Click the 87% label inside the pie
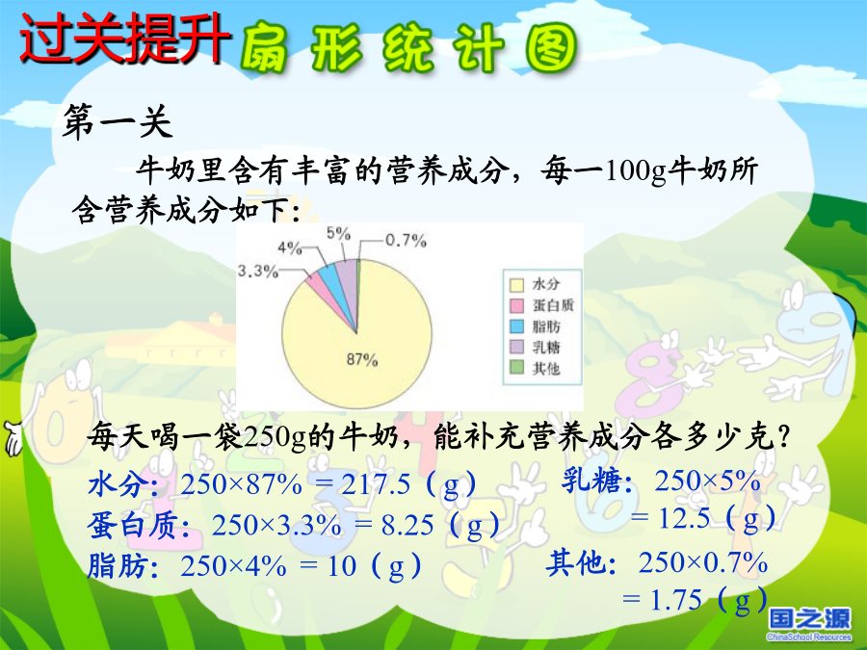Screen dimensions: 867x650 (x=362, y=360)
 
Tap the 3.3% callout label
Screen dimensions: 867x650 (x=257, y=271)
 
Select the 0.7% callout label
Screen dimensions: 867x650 (x=406, y=241)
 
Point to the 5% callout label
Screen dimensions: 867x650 (x=338, y=233)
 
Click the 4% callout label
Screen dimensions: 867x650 (x=290, y=247)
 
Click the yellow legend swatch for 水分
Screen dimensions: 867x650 (x=516, y=285)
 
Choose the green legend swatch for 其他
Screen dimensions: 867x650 (x=516, y=367)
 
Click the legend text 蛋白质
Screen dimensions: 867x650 (x=553, y=305)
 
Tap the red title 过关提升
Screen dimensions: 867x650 (x=125, y=38)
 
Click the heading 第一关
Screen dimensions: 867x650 (x=118, y=121)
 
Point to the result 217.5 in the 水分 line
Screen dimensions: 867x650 (x=376, y=484)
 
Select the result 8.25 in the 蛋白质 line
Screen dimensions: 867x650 (x=407, y=525)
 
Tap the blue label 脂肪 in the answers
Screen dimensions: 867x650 (x=118, y=566)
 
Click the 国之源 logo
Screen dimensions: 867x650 (x=809, y=623)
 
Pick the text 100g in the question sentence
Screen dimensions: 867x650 (x=637, y=170)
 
